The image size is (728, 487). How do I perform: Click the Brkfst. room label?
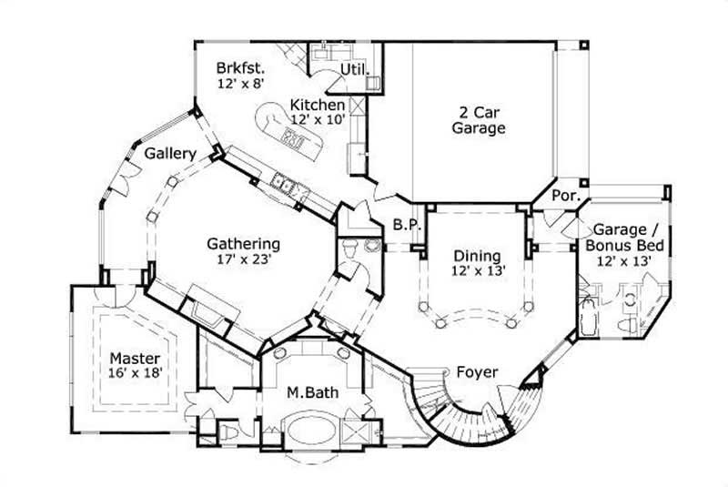coord(239,68)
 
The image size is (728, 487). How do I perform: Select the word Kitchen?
coord(317,105)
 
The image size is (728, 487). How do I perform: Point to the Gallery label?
coord(170,154)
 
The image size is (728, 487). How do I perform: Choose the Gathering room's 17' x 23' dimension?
coord(243,259)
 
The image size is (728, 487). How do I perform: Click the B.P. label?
coord(404,224)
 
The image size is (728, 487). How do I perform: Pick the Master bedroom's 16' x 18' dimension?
coord(136,373)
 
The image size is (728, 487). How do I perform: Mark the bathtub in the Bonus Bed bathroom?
coord(588,315)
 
